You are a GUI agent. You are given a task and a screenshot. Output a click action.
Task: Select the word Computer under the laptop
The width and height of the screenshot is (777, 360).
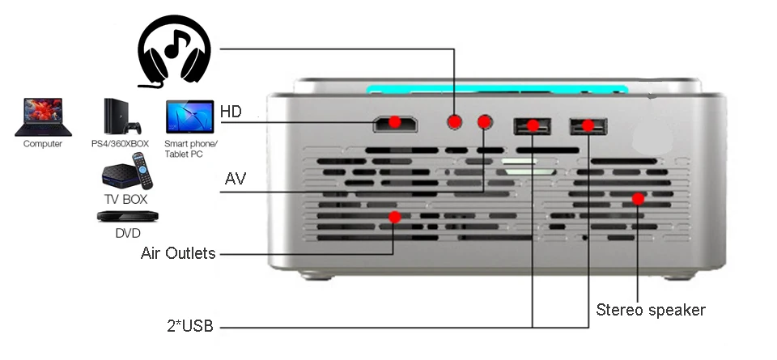[42, 144]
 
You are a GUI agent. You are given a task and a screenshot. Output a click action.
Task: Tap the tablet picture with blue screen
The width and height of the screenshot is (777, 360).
[189, 117]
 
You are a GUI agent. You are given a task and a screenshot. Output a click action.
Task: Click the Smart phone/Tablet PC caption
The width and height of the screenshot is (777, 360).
[190, 149]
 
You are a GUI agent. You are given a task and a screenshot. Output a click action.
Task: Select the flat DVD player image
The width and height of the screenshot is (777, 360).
[128, 216]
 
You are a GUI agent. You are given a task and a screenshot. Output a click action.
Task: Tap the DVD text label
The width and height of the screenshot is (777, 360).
[128, 233]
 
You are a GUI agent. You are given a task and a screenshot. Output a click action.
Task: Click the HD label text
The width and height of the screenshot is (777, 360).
[231, 112]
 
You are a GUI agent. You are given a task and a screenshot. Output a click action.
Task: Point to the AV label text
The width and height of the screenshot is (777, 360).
[236, 178]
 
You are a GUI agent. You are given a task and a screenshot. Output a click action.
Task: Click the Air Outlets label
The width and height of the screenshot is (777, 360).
[178, 253]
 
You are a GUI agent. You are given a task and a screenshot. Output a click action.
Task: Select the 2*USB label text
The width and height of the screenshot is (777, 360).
[191, 327]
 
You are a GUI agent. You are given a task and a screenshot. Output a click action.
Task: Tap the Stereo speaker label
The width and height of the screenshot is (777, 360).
[651, 310]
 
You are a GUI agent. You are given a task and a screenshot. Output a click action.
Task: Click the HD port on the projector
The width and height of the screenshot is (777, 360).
[394, 124]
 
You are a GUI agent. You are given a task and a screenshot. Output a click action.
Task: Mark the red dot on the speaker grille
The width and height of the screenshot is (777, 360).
[638, 198]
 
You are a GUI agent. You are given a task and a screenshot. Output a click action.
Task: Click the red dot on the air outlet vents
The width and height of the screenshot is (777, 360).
[395, 217]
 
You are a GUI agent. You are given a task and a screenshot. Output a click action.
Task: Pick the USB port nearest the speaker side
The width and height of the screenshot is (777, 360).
[588, 125]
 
